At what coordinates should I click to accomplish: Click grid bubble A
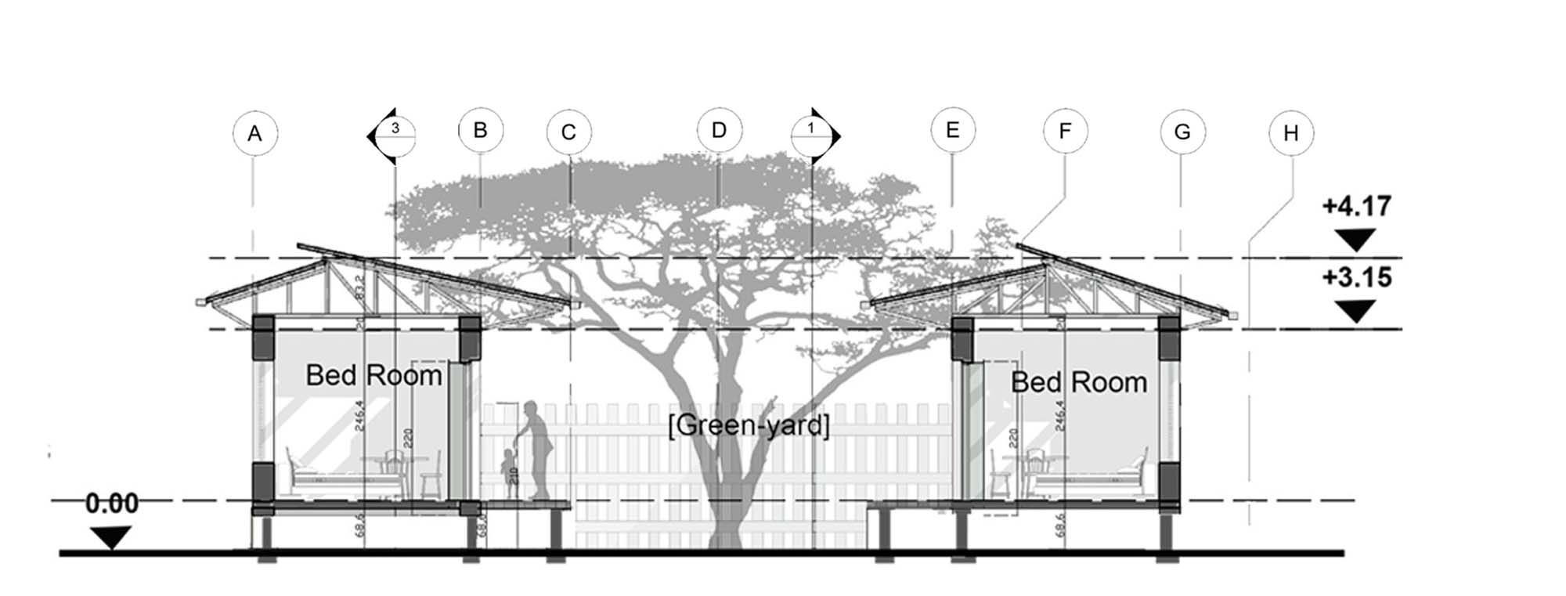[254, 134]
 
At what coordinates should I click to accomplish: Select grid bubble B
[481, 130]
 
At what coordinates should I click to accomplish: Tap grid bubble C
[569, 132]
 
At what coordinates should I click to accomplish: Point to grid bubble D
[720, 130]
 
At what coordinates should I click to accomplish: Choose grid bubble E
[953, 130]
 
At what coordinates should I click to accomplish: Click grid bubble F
[1065, 131]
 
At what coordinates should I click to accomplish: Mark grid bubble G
[1182, 132]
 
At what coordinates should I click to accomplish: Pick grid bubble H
[1291, 134]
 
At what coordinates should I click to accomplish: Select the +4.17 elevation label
[1357, 206]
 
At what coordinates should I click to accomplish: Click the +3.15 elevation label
[1357, 277]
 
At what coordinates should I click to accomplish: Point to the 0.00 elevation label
[112, 504]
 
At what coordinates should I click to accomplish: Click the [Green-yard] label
[749, 426]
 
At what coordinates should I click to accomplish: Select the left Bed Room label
[374, 375]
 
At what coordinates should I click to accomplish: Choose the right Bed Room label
[1079, 382]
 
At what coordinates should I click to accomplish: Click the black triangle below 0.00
[110, 537]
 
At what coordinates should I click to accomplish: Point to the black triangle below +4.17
[1355, 240]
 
